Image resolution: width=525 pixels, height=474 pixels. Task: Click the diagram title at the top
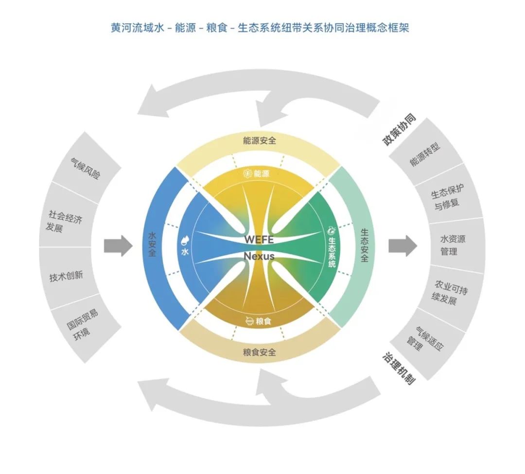click(x=260, y=28)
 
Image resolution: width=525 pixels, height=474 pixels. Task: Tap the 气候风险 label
click(x=85, y=169)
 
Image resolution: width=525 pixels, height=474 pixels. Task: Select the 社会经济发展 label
click(x=64, y=221)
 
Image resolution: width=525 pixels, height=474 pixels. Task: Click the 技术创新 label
click(x=66, y=276)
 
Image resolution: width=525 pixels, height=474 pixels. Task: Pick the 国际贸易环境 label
click(x=82, y=324)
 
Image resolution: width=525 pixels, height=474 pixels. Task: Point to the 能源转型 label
click(x=425, y=154)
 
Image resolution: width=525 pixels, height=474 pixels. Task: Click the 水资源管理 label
click(x=453, y=245)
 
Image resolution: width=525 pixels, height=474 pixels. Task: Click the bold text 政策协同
click(x=399, y=130)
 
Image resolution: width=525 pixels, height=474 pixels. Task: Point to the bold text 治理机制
click(x=399, y=368)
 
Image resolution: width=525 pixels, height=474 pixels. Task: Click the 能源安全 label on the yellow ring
click(x=260, y=140)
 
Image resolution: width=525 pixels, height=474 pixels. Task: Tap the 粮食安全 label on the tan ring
click(x=260, y=352)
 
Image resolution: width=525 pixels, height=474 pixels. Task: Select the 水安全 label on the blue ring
click(x=152, y=244)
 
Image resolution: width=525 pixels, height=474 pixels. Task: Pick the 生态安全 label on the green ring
click(x=365, y=246)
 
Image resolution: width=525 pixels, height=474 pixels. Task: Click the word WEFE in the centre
click(x=259, y=240)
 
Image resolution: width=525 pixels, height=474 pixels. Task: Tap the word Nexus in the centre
click(x=259, y=256)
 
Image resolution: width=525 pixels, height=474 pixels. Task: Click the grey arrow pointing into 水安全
click(x=118, y=246)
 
